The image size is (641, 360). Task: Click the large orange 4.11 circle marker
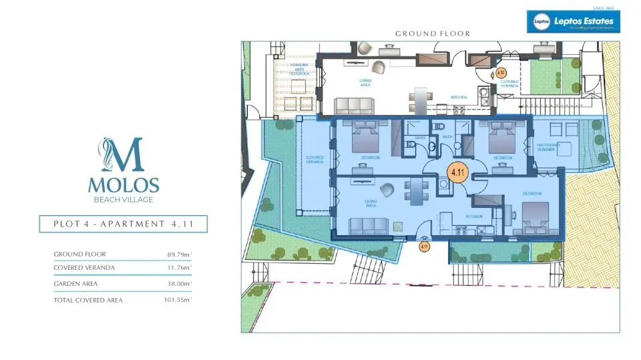coord(457,172)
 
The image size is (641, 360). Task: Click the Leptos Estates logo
coord(573,21)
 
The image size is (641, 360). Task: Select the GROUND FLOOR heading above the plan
coord(433,33)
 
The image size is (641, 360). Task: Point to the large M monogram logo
coord(124,154)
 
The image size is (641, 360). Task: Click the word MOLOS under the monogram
coord(124,184)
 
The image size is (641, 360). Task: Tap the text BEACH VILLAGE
coord(124,199)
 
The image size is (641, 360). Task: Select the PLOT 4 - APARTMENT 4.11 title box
coord(123,224)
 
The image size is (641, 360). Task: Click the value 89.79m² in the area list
coord(179,254)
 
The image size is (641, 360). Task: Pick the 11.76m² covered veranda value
coord(179,268)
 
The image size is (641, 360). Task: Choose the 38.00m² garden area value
coord(179,283)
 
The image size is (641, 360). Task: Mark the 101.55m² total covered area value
coord(178,301)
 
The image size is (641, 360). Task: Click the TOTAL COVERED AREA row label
coord(88,301)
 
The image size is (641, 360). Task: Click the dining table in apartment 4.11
coord(412,190)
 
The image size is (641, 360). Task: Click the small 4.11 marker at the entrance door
coord(423,246)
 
